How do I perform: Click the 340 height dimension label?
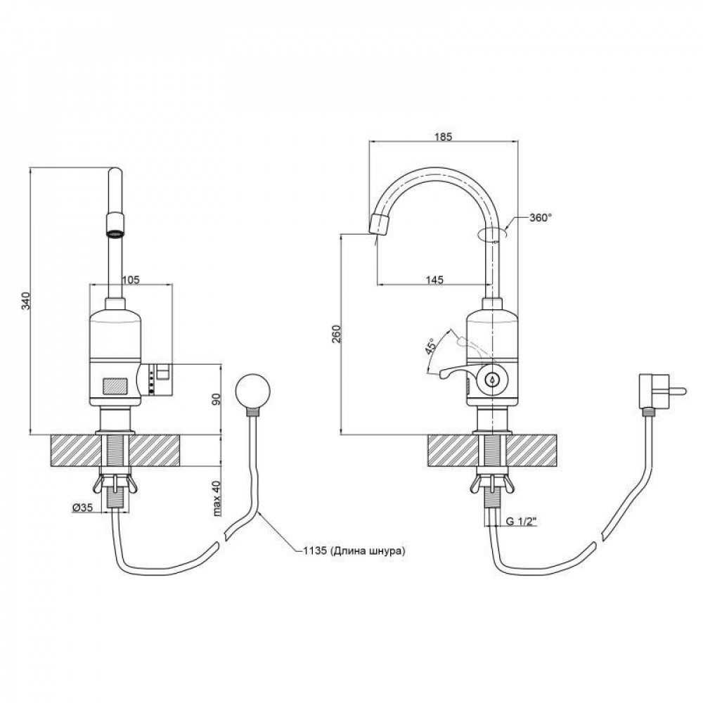[25, 301]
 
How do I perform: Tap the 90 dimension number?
[217, 399]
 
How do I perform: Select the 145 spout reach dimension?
[434, 280]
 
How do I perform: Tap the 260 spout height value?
[336, 334]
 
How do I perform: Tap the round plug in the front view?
[251, 391]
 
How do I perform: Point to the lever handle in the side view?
[450, 373]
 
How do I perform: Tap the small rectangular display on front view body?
[115, 386]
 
